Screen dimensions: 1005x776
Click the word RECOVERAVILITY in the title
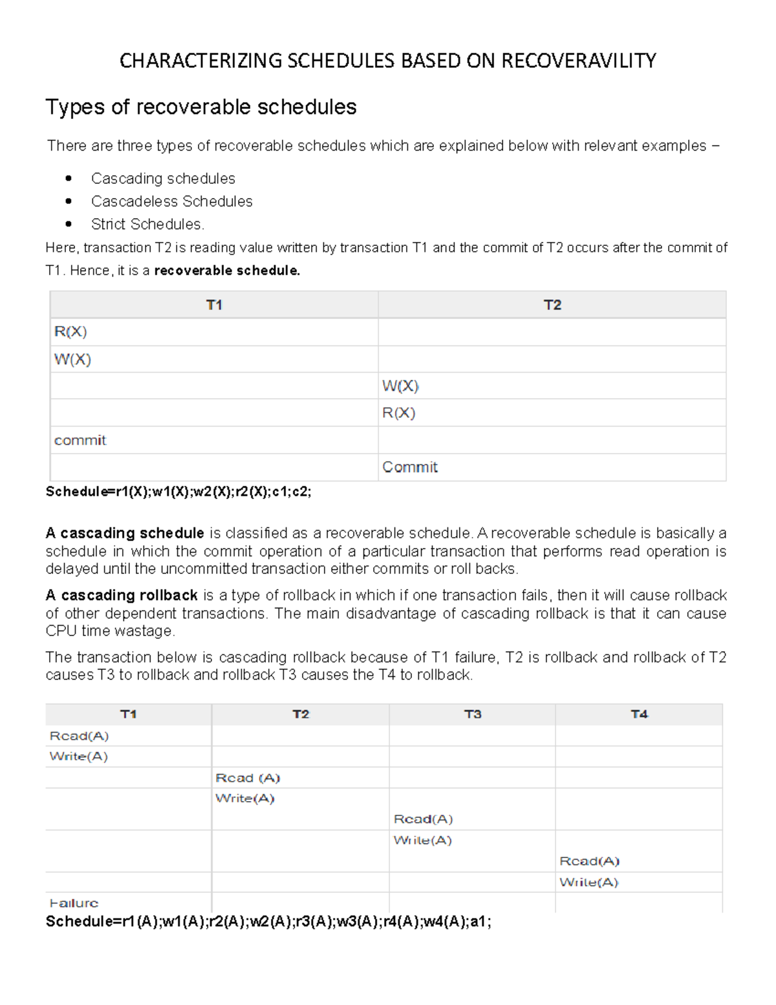(578, 61)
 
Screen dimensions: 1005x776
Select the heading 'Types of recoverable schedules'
(200, 107)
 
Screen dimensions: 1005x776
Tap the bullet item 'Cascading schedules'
(163, 179)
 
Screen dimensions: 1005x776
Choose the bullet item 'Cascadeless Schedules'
(171, 201)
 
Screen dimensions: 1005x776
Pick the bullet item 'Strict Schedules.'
(147, 224)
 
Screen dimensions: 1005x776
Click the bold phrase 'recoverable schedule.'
(227, 271)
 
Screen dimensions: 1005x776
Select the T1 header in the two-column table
(214, 305)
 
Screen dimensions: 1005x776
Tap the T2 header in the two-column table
(552, 305)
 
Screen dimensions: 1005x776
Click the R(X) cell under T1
(70, 332)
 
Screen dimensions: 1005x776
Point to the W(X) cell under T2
(400, 386)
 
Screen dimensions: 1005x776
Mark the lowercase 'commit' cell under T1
(80, 441)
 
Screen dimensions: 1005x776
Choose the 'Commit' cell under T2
(409, 467)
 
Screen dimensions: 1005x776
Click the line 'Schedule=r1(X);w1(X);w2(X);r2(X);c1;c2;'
(178, 492)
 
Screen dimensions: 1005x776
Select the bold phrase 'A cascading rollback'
(122, 595)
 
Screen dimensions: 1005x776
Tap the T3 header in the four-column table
(472, 714)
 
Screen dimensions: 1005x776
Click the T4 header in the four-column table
(639, 714)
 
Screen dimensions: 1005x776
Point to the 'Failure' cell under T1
(74, 903)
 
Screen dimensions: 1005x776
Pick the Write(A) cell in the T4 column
(588, 882)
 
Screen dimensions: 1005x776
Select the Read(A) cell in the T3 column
(423, 819)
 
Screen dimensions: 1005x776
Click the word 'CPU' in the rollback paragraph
(61, 631)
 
